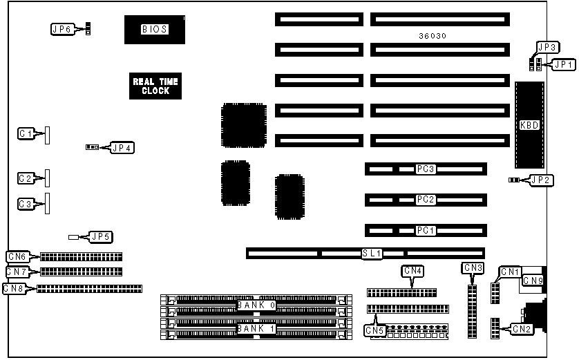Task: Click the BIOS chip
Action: coord(154,29)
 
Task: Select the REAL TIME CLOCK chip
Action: coord(155,86)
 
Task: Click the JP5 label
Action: coord(101,237)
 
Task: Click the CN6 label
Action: coord(17,256)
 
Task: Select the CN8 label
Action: coord(15,288)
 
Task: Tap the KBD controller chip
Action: coord(529,125)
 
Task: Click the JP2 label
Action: coord(541,180)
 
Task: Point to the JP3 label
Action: coord(547,47)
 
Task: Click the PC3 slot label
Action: coord(425,169)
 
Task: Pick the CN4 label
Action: coord(412,270)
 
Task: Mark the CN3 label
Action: coord(473,267)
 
